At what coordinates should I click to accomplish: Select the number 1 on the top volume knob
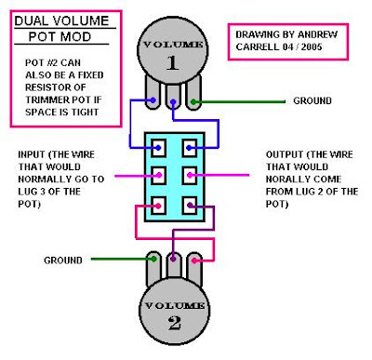point(170,62)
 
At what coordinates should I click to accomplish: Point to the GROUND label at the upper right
point(317,100)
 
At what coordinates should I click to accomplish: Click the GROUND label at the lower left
point(64,260)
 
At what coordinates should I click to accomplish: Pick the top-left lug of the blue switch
point(159,147)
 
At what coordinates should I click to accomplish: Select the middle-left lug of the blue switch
point(159,175)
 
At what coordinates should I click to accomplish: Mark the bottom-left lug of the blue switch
point(159,204)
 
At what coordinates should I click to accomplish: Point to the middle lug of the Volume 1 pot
point(171,99)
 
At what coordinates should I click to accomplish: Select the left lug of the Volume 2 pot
point(151,266)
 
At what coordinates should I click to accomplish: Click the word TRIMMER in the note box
point(41,101)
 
